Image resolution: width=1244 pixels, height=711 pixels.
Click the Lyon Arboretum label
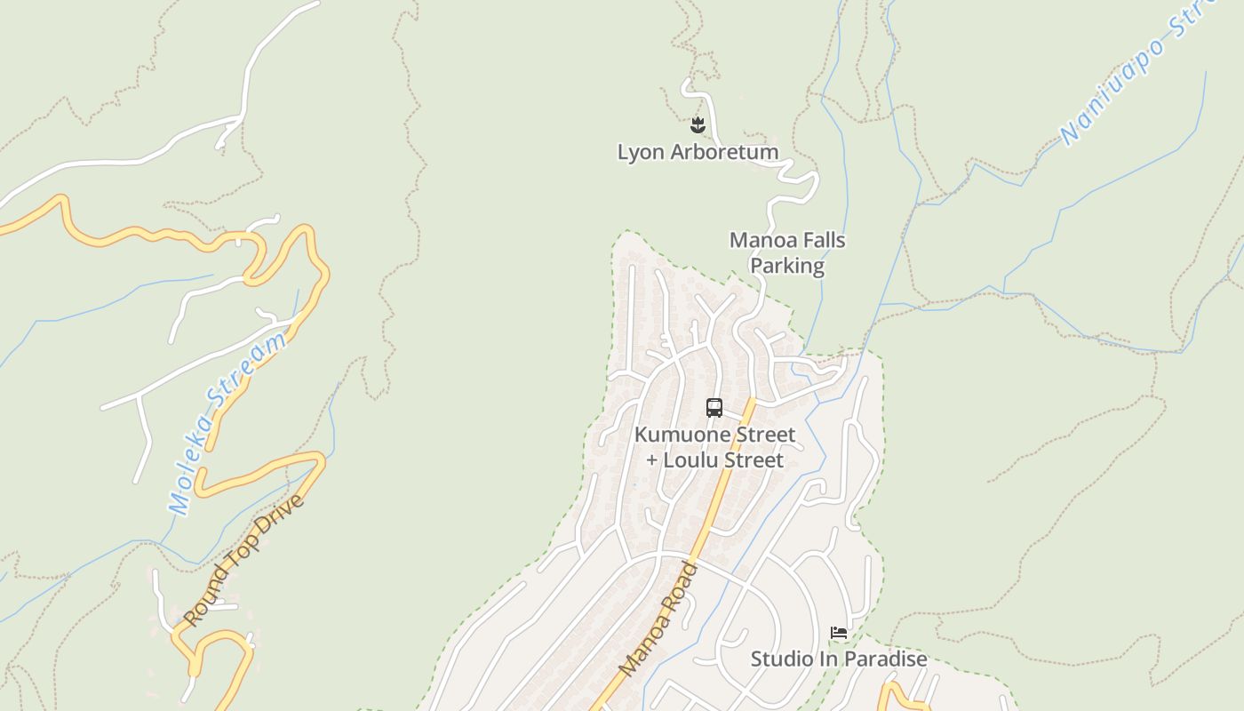[698, 152]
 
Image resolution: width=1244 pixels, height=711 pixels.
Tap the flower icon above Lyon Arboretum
[698, 125]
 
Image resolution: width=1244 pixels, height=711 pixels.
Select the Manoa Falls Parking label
[787, 252]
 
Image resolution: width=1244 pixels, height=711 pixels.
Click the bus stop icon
[714, 408]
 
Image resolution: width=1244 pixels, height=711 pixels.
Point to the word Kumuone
[679, 435]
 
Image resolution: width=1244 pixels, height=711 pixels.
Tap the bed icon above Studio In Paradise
[839, 633]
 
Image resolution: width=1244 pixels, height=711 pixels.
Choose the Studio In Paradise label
[839, 659]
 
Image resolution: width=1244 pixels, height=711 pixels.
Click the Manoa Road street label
[659, 619]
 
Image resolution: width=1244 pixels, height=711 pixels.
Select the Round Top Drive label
[243, 560]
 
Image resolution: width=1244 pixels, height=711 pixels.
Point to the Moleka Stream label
[228, 424]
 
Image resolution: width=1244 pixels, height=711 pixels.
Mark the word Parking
[787, 266]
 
